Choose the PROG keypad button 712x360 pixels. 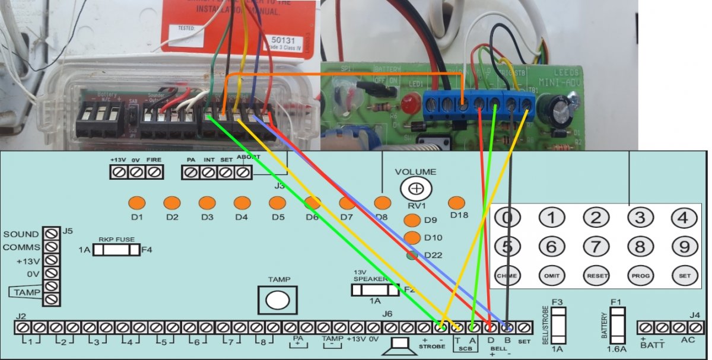click(640, 275)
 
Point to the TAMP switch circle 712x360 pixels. click(276, 300)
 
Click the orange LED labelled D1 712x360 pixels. click(137, 203)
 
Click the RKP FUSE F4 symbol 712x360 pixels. click(116, 250)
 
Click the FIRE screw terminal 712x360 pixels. click(154, 172)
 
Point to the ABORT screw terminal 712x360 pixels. click(242, 172)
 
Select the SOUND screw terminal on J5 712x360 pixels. click(52, 233)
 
